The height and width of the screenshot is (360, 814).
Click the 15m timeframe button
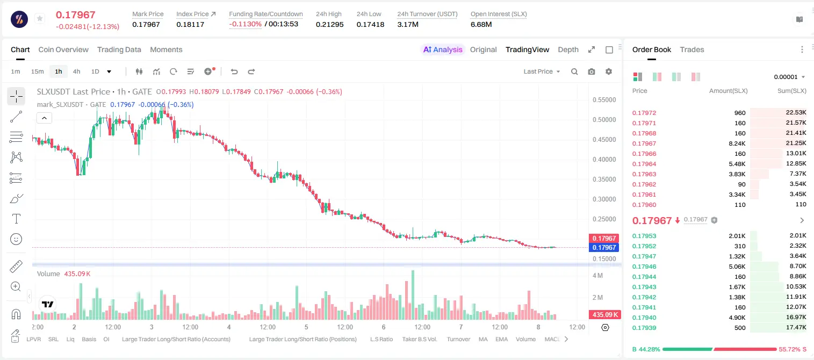[37, 71]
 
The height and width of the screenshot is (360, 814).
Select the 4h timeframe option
[76, 71]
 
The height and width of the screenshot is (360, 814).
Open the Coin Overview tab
[63, 49]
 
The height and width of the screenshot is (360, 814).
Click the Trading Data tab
[119, 49]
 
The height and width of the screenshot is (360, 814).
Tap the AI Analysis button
[443, 49]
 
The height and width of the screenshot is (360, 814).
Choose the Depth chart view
[568, 49]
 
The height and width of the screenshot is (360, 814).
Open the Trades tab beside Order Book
[692, 49]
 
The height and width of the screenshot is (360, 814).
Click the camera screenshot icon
[591, 71]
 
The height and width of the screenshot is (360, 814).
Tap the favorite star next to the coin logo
[40, 18]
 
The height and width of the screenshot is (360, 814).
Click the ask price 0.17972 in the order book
[644, 113]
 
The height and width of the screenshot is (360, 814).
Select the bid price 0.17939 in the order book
[644, 328]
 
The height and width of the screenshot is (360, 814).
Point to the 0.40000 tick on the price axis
[604, 160]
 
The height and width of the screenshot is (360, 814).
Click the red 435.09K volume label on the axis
[604, 314]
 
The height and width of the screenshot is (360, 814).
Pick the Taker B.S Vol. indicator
[419, 339]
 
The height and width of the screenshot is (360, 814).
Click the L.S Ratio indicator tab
[381, 339]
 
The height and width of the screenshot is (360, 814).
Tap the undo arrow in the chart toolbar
[234, 71]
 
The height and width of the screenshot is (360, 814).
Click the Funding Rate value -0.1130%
[246, 24]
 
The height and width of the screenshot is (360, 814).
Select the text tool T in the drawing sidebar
[16, 219]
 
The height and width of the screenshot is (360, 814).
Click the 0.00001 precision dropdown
[789, 77]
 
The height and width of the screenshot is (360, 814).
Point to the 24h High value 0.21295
[329, 24]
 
